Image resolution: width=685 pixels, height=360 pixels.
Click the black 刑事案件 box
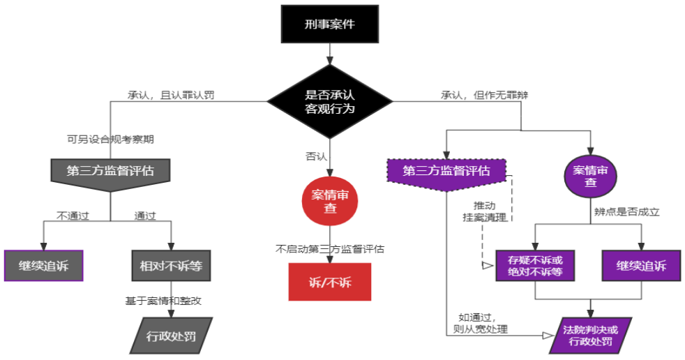(329, 24)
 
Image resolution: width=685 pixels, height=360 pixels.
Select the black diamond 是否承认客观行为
(330, 101)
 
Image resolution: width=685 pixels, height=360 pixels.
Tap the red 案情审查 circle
(330, 201)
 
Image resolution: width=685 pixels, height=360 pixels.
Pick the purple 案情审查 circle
(590, 177)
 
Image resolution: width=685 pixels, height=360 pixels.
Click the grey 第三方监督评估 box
(110, 172)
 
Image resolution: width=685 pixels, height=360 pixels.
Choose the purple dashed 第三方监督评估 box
(446, 172)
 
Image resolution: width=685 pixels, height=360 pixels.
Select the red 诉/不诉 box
(330, 282)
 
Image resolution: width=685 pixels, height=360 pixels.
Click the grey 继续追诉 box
(43, 266)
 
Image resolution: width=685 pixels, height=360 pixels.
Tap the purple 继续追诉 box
(640, 266)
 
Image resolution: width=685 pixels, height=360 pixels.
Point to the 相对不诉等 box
(171, 266)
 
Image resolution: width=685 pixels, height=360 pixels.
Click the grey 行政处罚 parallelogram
(171, 336)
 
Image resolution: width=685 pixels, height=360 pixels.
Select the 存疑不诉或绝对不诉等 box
(534, 266)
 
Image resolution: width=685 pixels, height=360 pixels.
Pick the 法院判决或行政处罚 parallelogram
(590, 336)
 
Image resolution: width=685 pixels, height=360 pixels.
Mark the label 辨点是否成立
(626, 211)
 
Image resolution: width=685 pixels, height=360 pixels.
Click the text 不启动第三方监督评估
(330, 248)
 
